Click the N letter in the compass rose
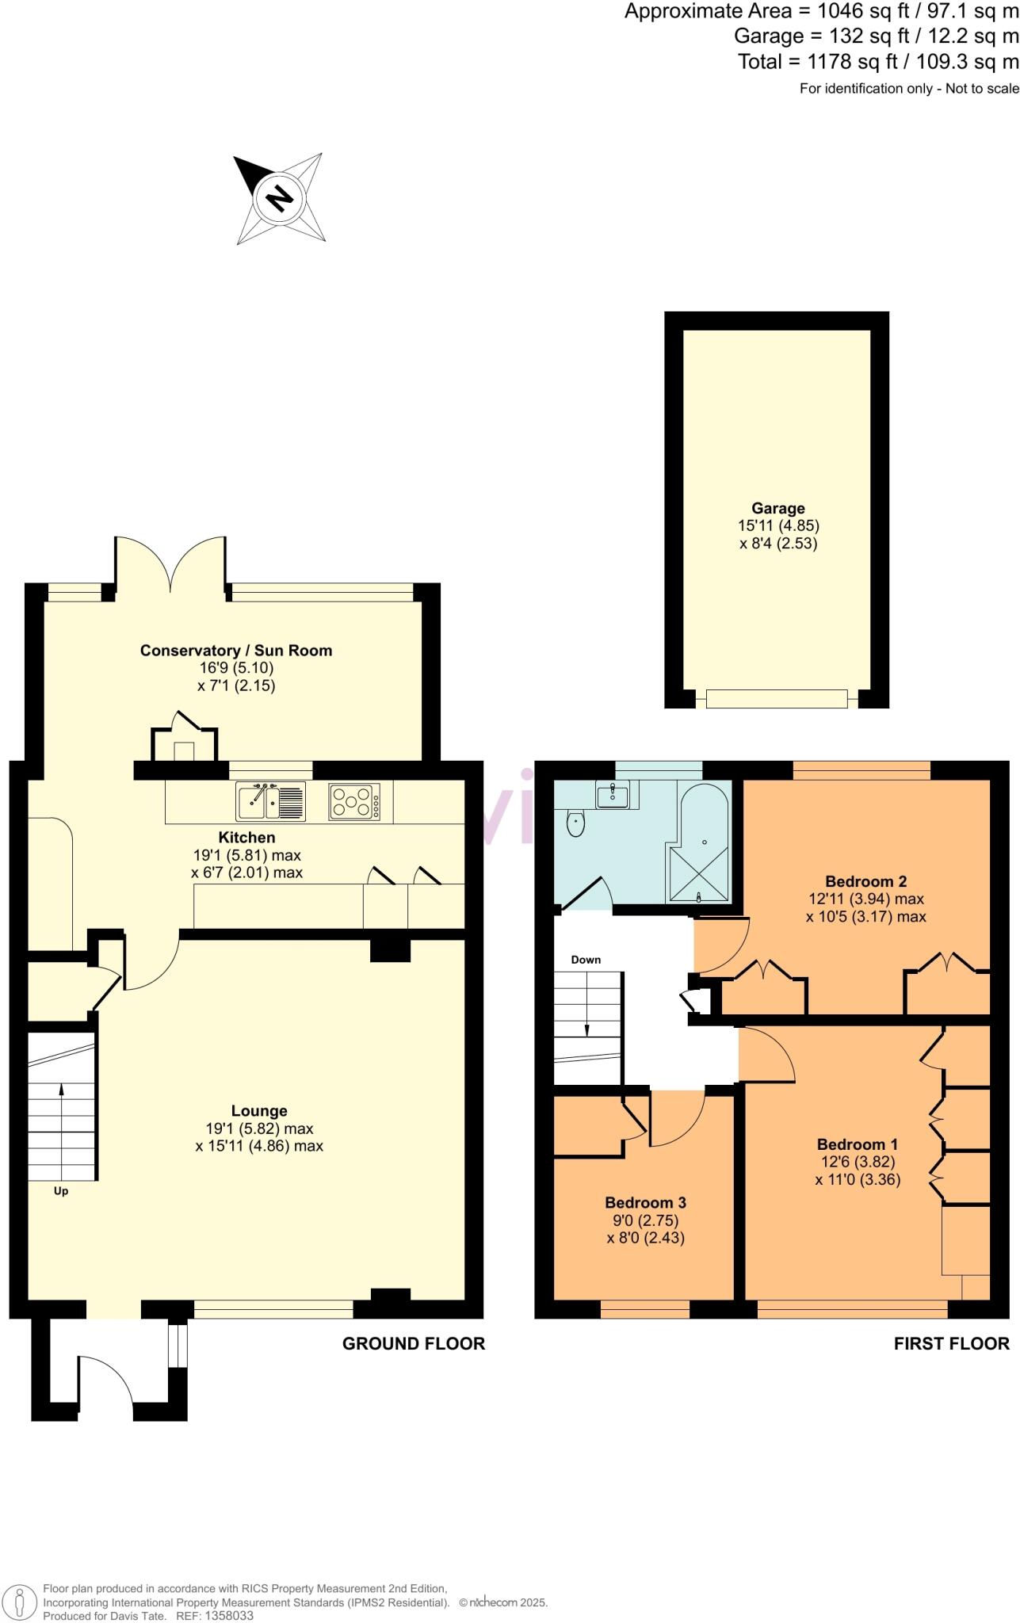[278, 197]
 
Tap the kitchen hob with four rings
[354, 801]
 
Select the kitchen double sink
[270, 801]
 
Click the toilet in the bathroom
[575, 824]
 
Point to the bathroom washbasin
[612, 794]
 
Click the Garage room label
[778, 509]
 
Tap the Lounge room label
[259, 1111]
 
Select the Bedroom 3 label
[645, 1202]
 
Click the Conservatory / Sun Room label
[236, 651]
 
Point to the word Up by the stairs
[61, 1191]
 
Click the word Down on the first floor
[586, 960]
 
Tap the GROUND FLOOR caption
[413, 1343]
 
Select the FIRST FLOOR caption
[951, 1343]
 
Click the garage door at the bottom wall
[777, 699]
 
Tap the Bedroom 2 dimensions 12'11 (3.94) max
[865, 899]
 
